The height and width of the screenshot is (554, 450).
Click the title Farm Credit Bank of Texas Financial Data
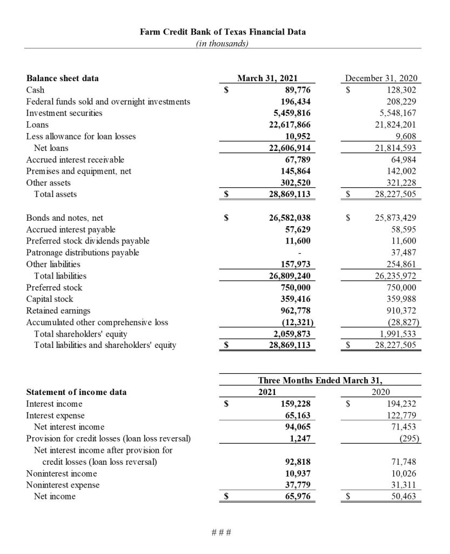223,31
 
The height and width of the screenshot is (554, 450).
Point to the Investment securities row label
64,113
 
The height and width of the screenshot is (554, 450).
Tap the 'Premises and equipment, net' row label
79,172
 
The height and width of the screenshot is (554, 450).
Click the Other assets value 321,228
402,183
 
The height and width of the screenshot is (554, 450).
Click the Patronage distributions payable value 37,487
405,253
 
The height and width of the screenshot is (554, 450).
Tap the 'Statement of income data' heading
77,392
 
